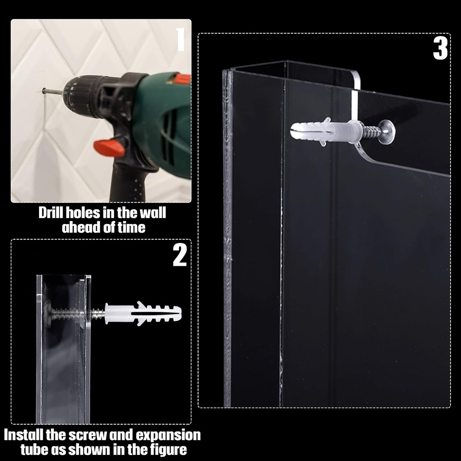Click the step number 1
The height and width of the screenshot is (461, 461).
click(x=181, y=39)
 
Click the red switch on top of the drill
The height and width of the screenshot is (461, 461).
click(x=179, y=78)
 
